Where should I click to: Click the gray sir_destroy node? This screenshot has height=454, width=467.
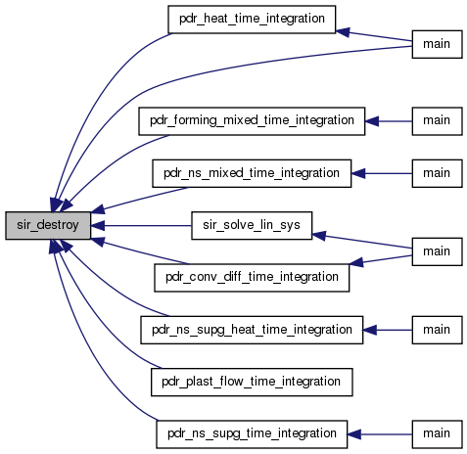coord(48,225)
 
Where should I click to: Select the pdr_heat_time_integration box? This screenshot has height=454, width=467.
coord(252,20)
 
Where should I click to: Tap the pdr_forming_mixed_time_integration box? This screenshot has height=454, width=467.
coord(252,121)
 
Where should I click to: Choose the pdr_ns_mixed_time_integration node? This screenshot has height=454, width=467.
coord(252,173)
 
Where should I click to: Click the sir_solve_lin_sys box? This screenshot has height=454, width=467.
coord(252,225)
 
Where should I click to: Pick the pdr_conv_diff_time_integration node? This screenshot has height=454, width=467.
coord(252,278)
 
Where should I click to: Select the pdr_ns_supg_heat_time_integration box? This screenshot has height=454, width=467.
coord(252,330)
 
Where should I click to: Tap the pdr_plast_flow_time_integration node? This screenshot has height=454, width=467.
coord(252,382)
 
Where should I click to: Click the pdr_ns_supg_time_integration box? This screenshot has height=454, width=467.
coord(252,434)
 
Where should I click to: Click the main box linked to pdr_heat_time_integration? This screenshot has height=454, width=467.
coord(437,44)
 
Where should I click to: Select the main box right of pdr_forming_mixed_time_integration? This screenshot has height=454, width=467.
coord(437,121)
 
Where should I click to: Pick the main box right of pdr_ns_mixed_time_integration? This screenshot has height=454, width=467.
coord(437,173)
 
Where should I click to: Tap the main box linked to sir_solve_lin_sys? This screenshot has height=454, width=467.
coord(437,251)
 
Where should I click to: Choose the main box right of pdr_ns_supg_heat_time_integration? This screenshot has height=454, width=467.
coord(437,330)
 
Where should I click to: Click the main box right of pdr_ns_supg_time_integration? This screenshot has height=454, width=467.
coord(437,434)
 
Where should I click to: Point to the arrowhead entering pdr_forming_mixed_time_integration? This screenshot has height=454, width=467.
coord(372,121)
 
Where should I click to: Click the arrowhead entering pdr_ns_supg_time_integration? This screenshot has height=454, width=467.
coord(353,434)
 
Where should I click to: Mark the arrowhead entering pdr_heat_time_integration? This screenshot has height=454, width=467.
coord(343,32)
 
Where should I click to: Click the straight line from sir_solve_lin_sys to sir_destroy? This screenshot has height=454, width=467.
coord(141,225)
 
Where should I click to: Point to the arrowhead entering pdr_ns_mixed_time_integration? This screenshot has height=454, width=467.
coord(358,173)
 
